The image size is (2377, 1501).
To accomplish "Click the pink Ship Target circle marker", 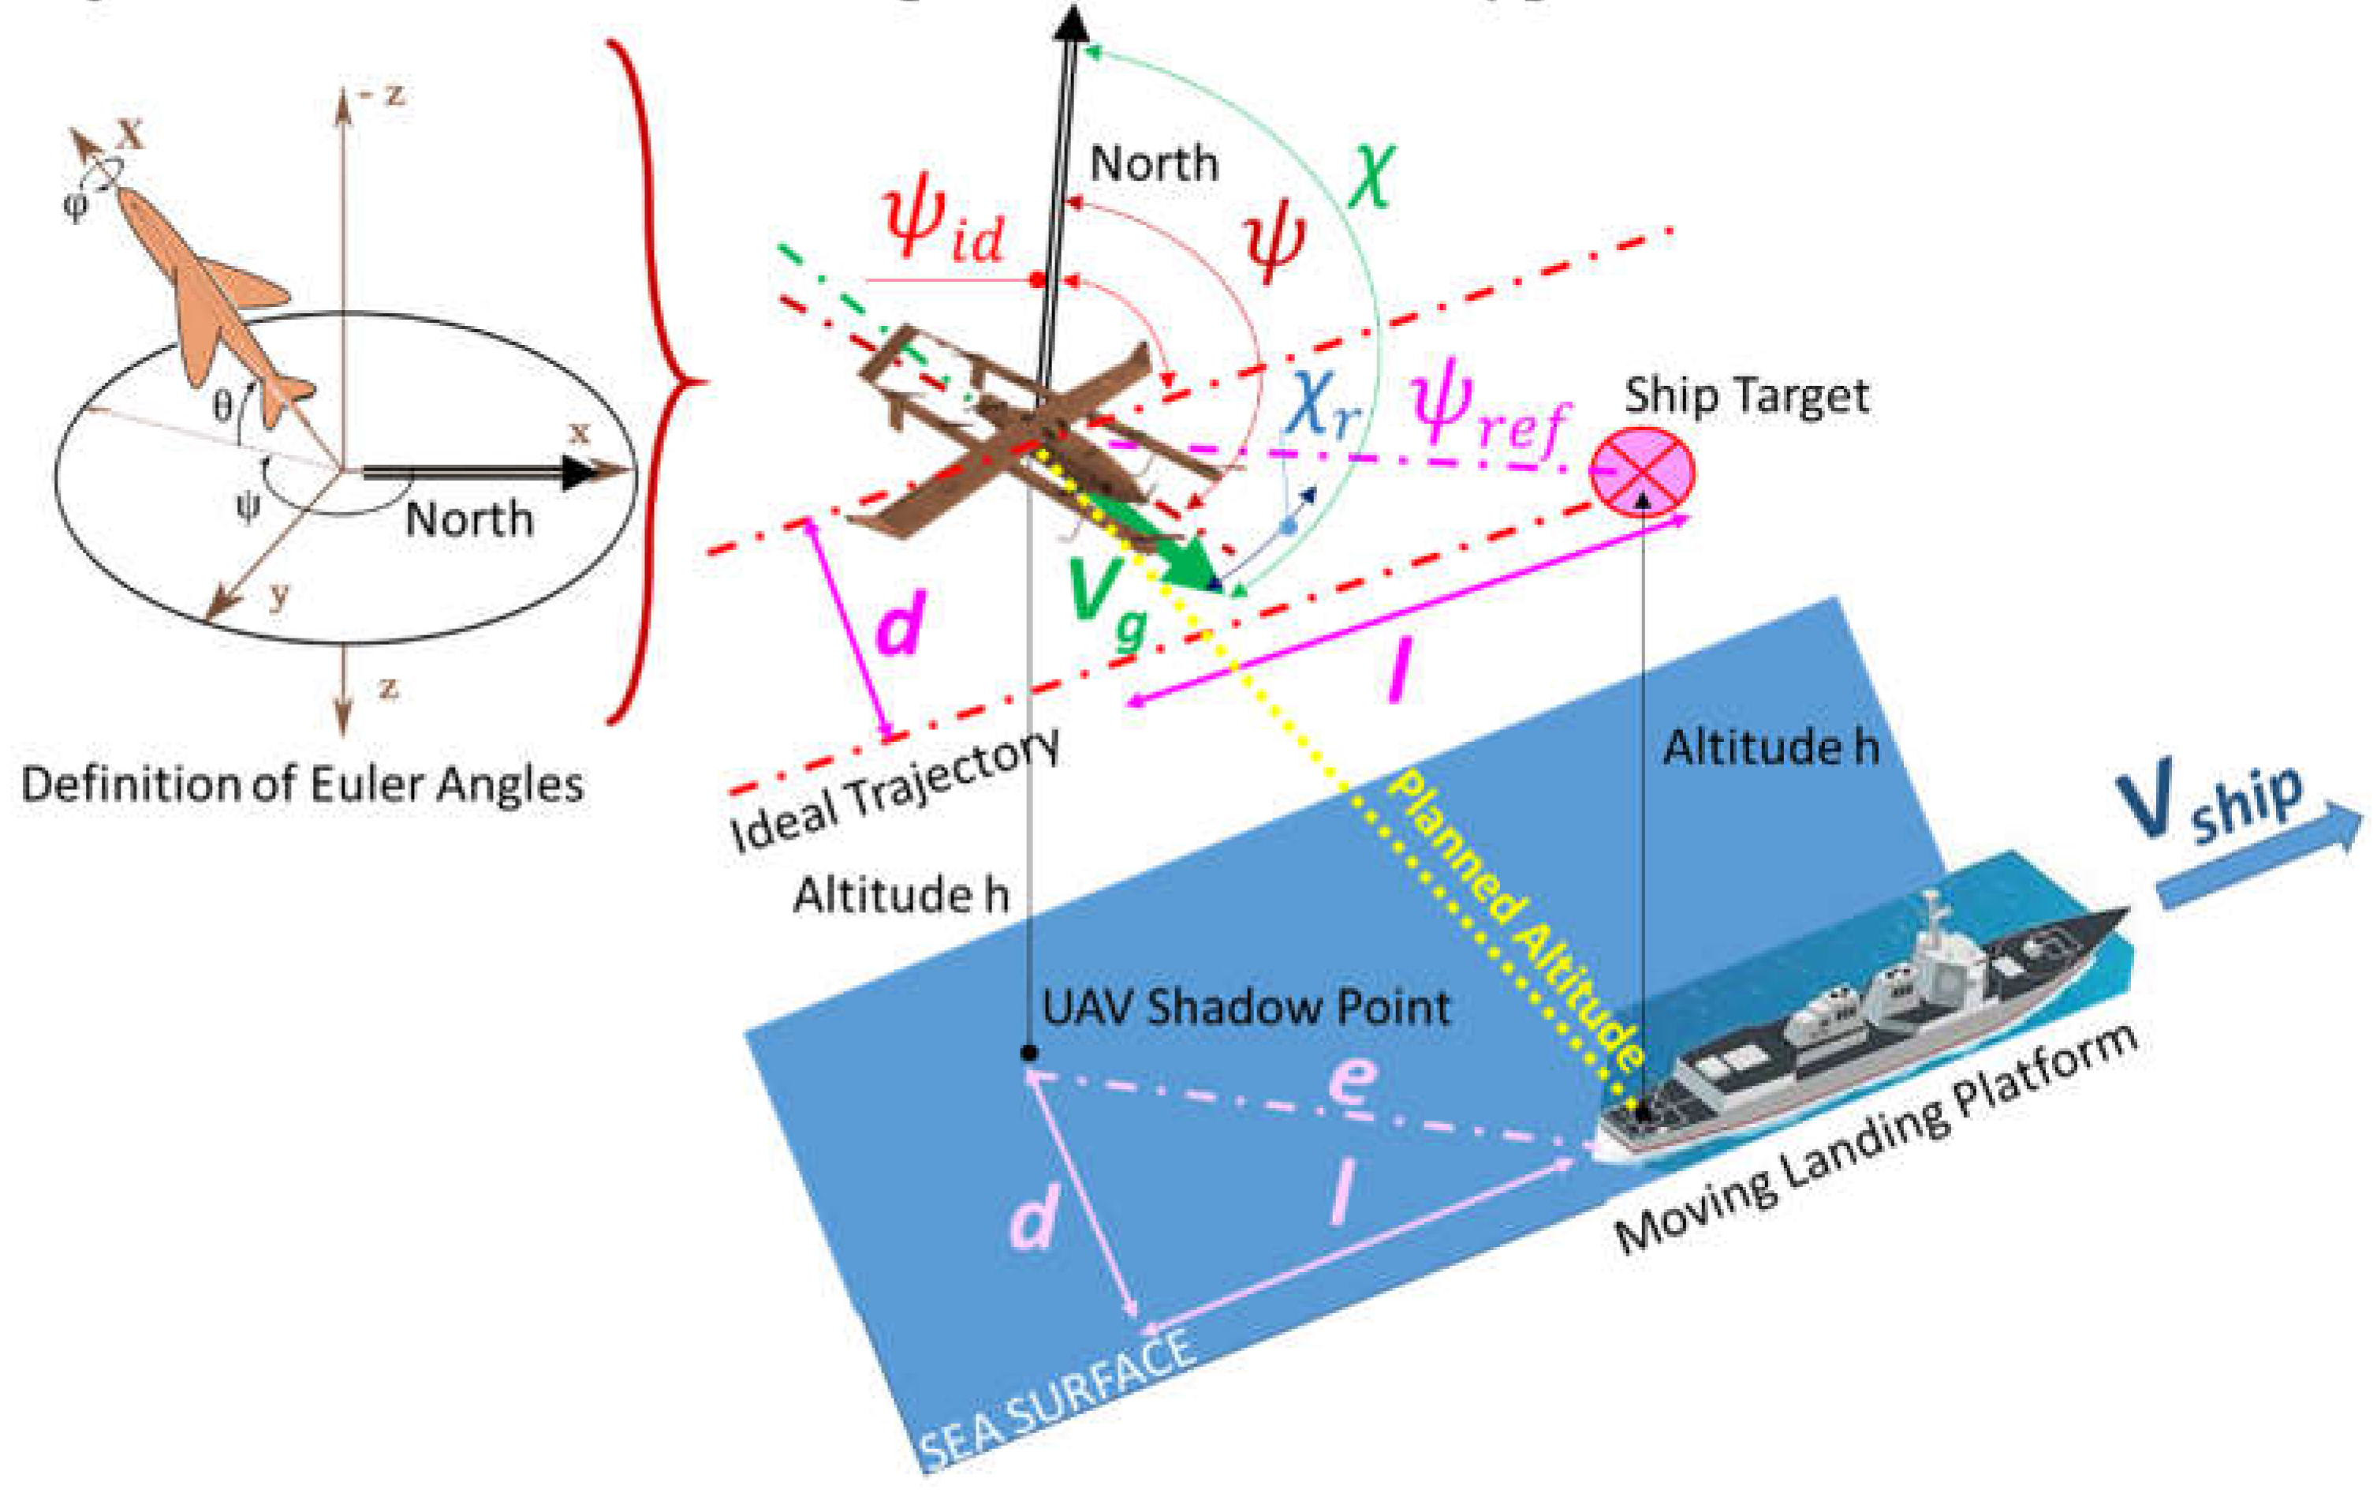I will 1642,471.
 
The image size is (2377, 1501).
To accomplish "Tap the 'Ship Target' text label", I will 1746,396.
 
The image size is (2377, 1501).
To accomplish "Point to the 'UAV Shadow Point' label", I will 1247,1007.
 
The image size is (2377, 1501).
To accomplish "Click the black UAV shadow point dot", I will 1028,1053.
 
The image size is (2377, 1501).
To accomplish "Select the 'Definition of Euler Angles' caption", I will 302,785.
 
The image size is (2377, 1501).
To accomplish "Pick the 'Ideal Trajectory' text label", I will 894,790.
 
